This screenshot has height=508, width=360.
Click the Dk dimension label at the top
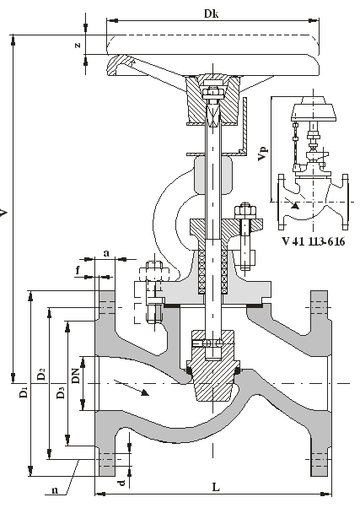pyautogui.click(x=212, y=14)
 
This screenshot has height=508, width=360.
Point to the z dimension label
pyautogui.click(x=78, y=45)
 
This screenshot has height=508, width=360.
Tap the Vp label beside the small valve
pyautogui.click(x=263, y=154)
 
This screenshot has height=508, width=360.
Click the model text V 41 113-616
pyautogui.click(x=313, y=241)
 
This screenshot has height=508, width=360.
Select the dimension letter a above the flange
pyautogui.click(x=106, y=253)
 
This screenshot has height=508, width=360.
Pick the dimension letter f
pyautogui.click(x=78, y=270)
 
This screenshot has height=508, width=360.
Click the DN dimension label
pyautogui.click(x=75, y=376)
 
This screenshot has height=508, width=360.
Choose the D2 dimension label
pyautogui.click(x=41, y=374)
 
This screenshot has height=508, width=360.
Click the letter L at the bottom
pyautogui.click(x=216, y=487)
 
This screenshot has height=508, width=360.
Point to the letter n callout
pyautogui.click(x=55, y=489)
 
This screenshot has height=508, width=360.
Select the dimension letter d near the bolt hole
pyautogui.click(x=121, y=483)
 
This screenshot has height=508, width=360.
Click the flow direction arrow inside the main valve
pyautogui.click(x=132, y=387)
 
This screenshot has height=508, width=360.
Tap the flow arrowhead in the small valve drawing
pyautogui.click(x=295, y=205)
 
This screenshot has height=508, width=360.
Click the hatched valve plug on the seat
pyautogui.click(x=212, y=366)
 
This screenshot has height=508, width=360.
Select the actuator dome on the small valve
pyautogui.click(x=314, y=108)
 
